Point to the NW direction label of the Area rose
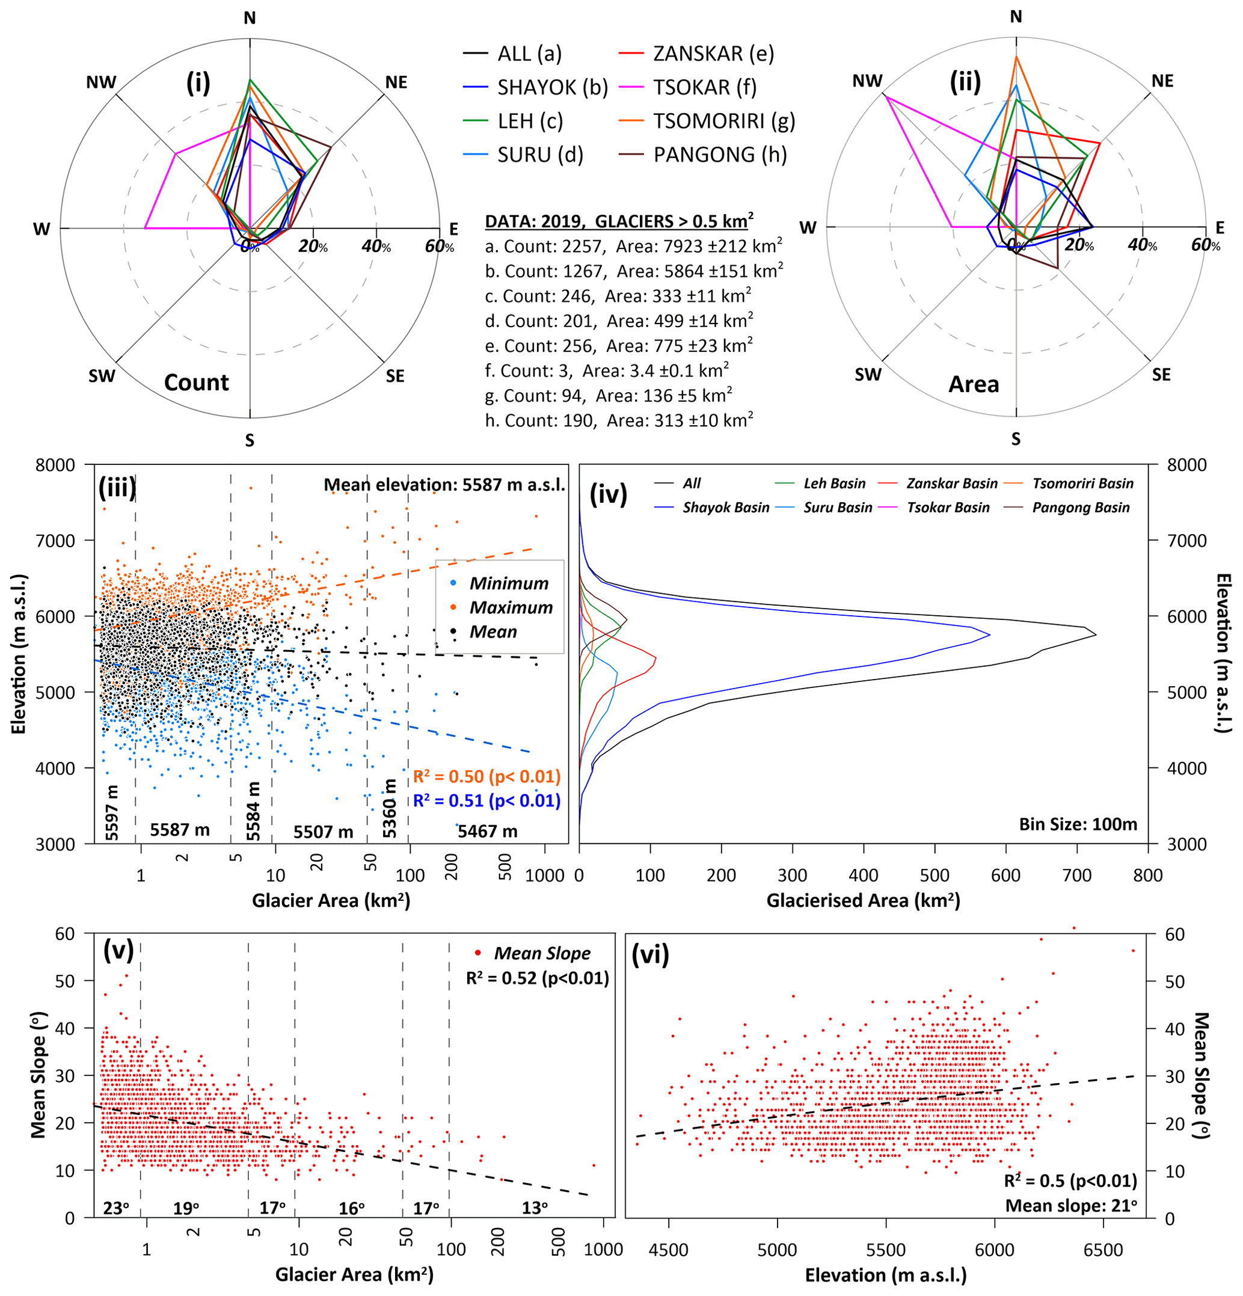point(867,81)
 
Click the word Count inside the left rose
point(197,382)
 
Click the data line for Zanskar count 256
point(618,346)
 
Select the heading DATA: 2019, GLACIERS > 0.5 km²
point(619,221)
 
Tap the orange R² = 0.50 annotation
point(486,776)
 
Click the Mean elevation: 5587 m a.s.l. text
point(444,485)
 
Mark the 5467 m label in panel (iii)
point(487,831)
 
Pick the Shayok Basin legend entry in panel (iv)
point(725,507)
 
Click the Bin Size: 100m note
point(1078,824)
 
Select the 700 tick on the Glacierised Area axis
point(1076,876)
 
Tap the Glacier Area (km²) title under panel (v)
point(354,1274)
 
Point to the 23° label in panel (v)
point(115,1208)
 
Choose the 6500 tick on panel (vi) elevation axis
point(1103,1250)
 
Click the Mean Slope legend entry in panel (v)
point(541,953)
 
